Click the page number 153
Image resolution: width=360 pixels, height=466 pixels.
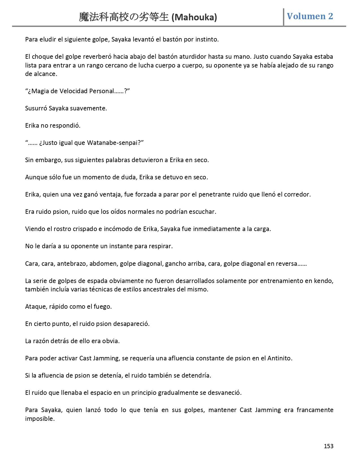pos(328,446)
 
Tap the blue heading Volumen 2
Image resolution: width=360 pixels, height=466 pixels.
pos(310,16)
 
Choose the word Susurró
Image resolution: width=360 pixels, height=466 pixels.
pos(36,108)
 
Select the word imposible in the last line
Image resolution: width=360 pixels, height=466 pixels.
pos(40,419)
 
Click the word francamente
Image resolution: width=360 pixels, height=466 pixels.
pos(315,410)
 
